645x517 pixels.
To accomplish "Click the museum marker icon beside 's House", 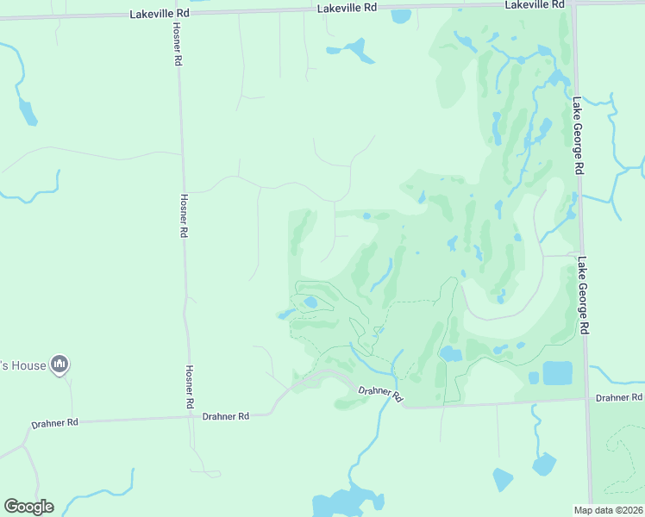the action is [59, 365].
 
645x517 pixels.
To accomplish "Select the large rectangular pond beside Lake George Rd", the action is [557, 373].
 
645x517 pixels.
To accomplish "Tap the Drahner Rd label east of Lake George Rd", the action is [619, 397].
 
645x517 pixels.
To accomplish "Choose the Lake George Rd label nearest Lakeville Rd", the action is [578, 135].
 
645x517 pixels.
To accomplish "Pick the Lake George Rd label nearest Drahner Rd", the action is [585, 296].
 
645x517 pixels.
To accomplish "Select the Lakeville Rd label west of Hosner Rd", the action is [160, 15].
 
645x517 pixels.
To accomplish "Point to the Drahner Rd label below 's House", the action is [55, 423].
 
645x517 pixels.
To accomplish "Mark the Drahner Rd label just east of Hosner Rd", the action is [225, 416].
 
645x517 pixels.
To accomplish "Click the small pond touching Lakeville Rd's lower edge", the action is [401, 16].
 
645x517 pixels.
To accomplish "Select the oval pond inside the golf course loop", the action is [310, 302].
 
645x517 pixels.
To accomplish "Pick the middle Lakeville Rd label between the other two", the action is [348, 7].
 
